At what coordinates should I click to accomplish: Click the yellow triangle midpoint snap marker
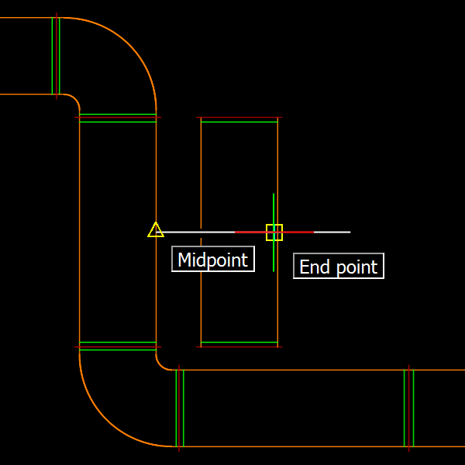click(156, 229)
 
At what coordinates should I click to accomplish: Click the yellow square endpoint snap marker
click(274, 232)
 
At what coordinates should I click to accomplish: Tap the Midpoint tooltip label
click(213, 260)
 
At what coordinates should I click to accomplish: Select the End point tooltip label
click(339, 267)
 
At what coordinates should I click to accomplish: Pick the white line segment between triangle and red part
click(198, 232)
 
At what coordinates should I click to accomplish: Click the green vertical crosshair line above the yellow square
click(274, 208)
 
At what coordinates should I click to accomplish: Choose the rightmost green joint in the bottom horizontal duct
click(409, 408)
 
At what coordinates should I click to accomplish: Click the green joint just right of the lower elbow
click(180, 408)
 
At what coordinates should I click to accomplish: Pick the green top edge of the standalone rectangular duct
click(239, 122)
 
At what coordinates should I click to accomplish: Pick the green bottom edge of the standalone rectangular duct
click(239, 342)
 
